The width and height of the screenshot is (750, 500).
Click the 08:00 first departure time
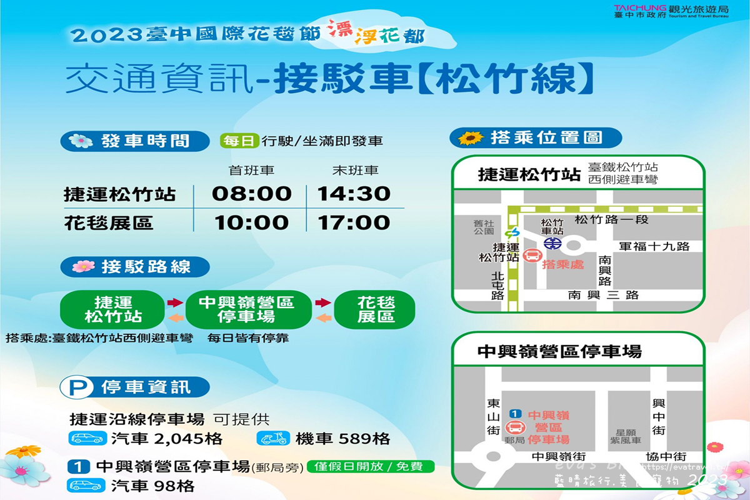click(252, 194)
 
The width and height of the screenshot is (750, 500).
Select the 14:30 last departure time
click(354, 194)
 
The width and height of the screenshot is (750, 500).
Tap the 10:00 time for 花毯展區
click(252, 222)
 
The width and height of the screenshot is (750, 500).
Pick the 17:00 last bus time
click(354, 222)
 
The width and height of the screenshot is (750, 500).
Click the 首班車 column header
click(252, 170)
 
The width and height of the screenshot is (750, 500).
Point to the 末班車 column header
click(355, 170)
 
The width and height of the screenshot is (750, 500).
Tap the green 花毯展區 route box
click(376, 309)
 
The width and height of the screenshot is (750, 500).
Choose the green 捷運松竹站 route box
click(113, 309)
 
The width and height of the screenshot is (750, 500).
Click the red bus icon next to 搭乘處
click(532, 256)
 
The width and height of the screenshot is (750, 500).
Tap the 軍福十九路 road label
click(654, 246)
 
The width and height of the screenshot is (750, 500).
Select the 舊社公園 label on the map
click(484, 226)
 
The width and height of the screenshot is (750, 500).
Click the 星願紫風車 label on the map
click(626, 436)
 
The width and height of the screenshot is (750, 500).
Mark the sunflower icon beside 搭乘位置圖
click(471, 137)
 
